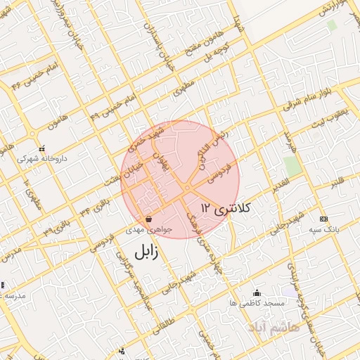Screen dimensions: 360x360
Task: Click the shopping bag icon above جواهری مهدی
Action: click(147, 219)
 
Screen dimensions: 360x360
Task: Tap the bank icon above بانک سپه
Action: click(323, 219)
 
